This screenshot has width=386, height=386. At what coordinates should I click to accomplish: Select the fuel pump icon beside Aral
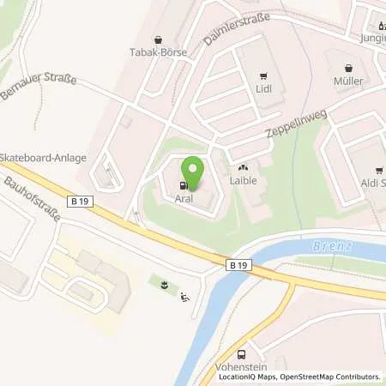[182, 184]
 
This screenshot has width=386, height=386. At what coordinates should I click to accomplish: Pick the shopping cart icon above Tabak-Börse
[158, 39]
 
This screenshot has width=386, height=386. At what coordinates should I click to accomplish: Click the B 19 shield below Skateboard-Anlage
[83, 200]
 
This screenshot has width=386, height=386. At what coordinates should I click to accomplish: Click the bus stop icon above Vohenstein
[241, 354]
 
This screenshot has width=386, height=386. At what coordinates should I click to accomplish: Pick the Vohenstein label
[241, 366]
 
